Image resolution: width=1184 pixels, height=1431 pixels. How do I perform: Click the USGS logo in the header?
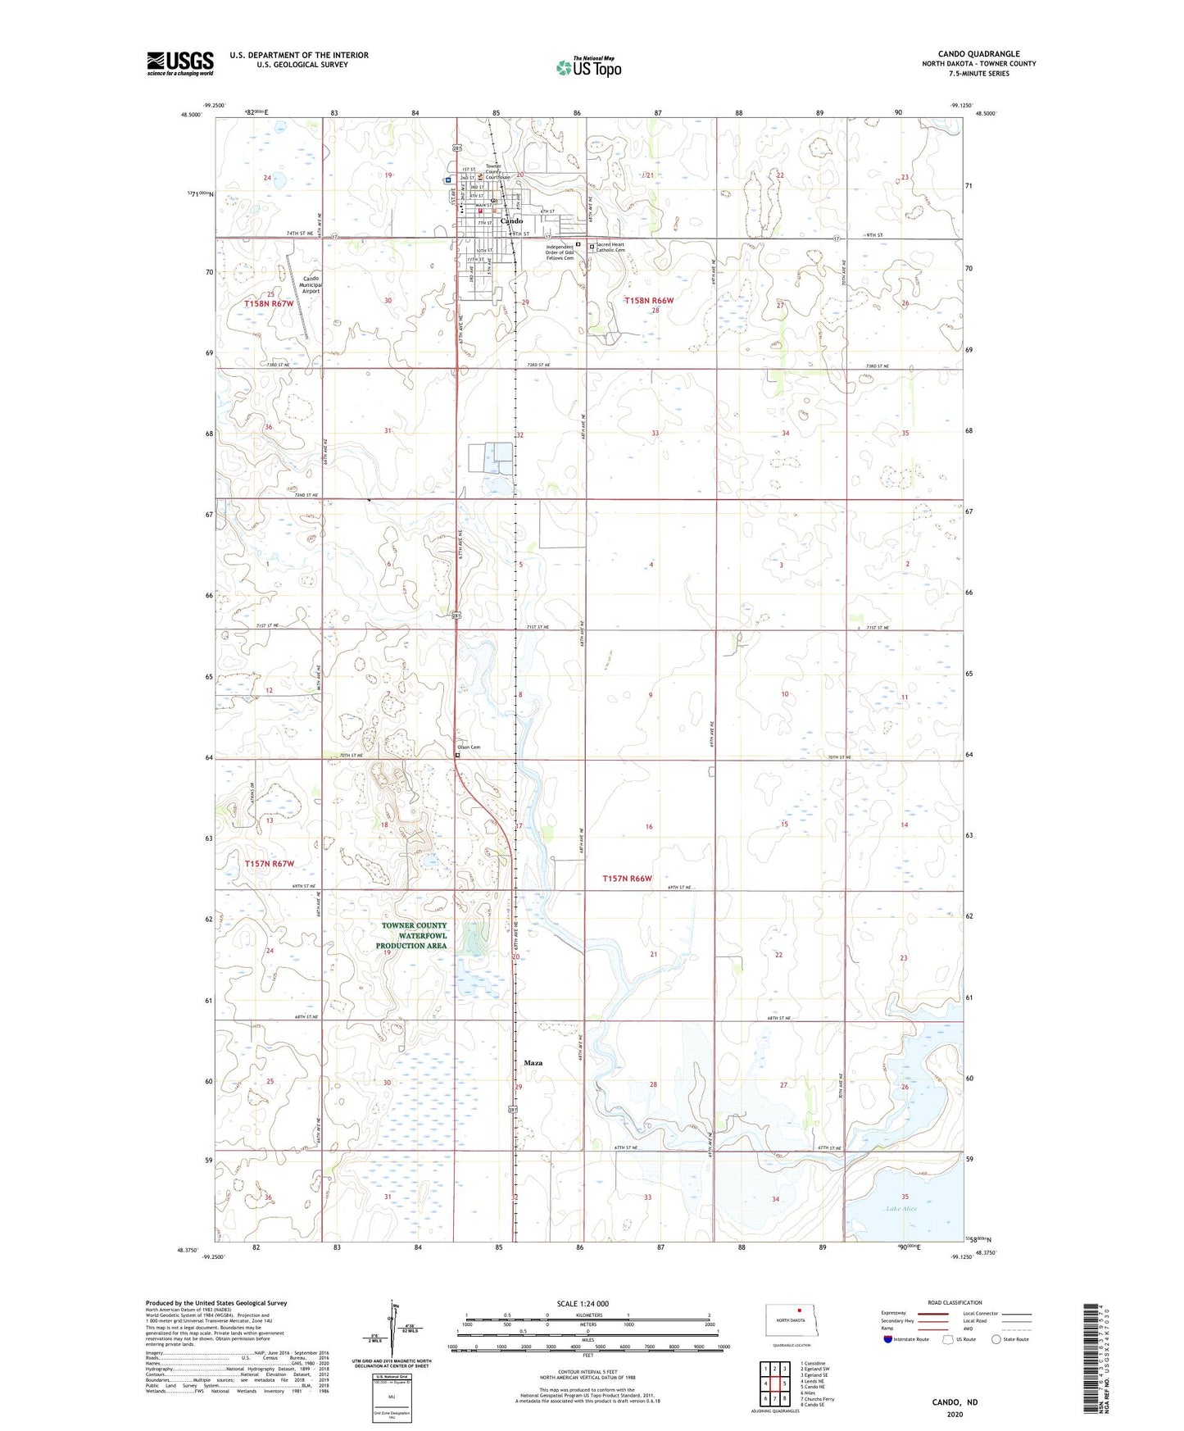[x=179, y=63]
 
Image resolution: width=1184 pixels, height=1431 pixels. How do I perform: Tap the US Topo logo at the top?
[x=587, y=67]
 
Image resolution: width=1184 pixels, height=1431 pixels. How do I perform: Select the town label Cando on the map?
[x=511, y=220]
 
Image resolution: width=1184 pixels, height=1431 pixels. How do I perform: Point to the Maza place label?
[x=533, y=1063]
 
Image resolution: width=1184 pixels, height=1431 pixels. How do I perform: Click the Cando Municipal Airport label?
[x=311, y=284]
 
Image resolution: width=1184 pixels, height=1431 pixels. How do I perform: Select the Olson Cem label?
[x=469, y=747]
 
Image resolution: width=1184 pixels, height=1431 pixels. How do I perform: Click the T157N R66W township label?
[x=627, y=879]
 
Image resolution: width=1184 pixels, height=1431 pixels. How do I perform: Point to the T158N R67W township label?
[x=269, y=304]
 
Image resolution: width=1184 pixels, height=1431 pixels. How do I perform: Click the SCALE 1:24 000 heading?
[x=583, y=1304]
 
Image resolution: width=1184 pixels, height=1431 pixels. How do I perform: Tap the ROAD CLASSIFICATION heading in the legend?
[x=955, y=1302]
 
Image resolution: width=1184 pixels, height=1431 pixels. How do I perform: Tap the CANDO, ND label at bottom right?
[x=955, y=1402]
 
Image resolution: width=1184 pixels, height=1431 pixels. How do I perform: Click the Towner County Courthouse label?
[x=497, y=171]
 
